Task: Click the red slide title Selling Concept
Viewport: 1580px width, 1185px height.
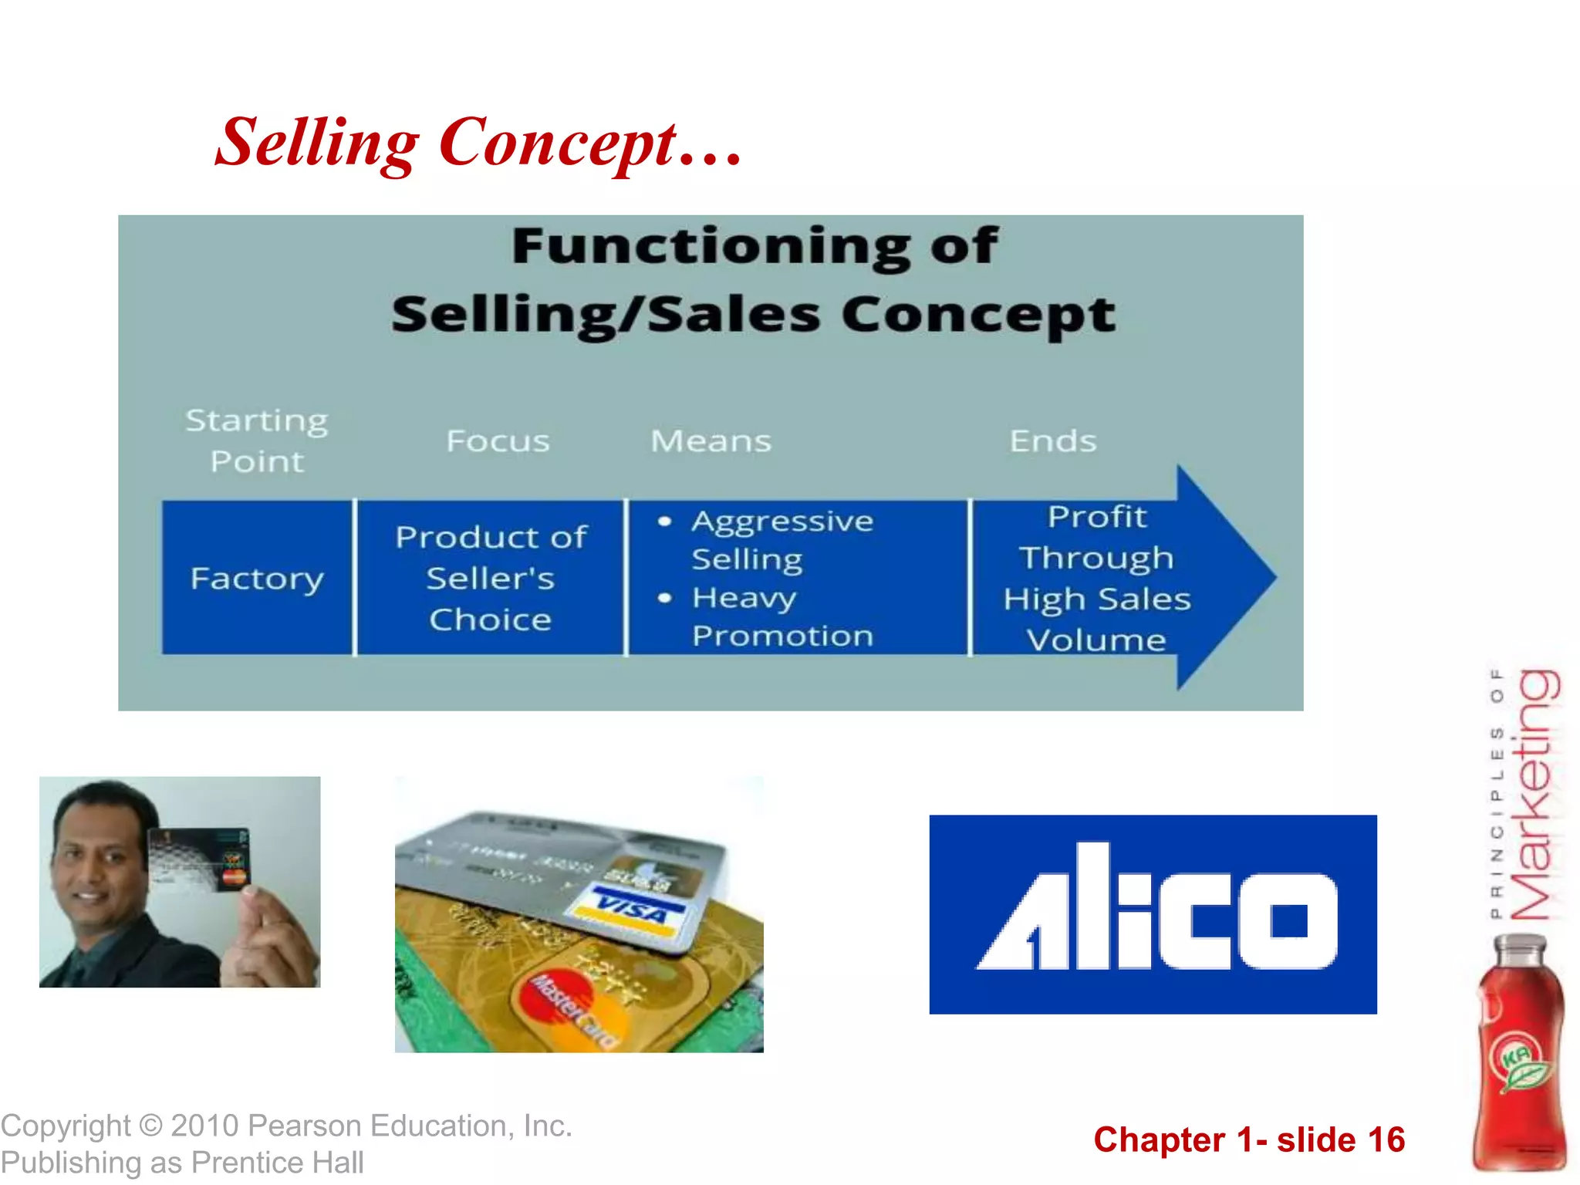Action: click(478, 143)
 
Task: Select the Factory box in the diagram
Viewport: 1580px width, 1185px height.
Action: click(257, 578)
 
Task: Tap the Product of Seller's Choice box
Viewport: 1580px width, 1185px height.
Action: click(491, 578)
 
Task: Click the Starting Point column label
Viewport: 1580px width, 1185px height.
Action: click(257, 441)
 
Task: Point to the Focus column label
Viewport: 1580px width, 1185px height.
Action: click(498, 441)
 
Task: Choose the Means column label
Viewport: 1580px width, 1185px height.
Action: click(711, 441)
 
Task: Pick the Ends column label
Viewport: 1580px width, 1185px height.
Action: click(1052, 441)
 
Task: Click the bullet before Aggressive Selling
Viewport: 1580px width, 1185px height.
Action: click(664, 522)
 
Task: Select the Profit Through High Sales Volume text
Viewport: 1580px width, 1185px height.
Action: click(1096, 578)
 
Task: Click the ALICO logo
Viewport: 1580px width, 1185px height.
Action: click(1153, 914)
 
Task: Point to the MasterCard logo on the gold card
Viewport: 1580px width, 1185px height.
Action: click(575, 1008)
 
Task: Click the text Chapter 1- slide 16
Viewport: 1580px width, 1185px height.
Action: click(1249, 1139)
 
